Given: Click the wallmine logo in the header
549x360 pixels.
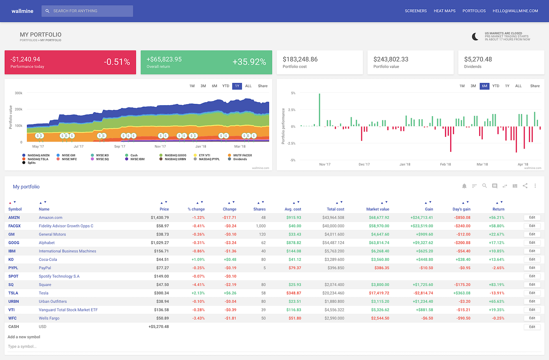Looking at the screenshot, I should coord(22,11).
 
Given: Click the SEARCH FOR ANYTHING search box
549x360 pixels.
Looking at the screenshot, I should coord(87,11).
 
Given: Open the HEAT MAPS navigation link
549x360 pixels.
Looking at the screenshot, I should coord(444,11).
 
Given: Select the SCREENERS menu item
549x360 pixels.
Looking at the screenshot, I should coord(415,11).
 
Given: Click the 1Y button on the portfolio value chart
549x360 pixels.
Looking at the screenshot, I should coord(237,86).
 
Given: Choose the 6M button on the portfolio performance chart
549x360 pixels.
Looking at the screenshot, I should coord(484,86).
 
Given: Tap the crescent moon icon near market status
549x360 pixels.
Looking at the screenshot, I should coord(475,36).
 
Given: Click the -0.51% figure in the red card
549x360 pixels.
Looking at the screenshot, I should coord(116,62).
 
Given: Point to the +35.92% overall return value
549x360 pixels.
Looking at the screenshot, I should coord(249,62).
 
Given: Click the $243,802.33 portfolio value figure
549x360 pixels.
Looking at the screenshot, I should coord(391,59).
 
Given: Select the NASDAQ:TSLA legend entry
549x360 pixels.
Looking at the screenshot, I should coord(38,159).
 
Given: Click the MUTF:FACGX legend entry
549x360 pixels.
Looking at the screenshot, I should coord(242,155).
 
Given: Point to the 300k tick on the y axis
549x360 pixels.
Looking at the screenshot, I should coord(18,93).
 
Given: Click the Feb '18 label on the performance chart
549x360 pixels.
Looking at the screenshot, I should coord(445,164).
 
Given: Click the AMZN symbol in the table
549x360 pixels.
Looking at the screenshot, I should coord(14,218).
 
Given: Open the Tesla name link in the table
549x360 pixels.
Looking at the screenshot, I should coord(44,293).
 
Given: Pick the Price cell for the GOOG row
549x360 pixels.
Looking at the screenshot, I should coord(160,243).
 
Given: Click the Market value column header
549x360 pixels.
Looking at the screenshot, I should coord(377,209).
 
